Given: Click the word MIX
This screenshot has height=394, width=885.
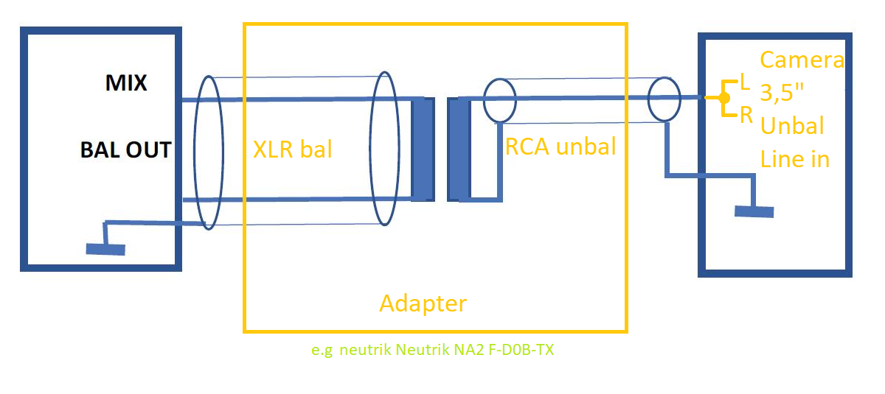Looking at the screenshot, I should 126,83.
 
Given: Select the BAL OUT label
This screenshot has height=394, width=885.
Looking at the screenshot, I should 125,150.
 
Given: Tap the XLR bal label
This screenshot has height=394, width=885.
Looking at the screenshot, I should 293,149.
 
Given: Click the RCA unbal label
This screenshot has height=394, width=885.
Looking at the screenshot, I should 560,147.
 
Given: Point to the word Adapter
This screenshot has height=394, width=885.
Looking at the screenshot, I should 423,303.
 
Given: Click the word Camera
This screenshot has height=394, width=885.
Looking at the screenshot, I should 802,60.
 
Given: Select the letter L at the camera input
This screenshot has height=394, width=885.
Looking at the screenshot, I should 745,84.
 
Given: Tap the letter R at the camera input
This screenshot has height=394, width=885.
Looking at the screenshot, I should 746,114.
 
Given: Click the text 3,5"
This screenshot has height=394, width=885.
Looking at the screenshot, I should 785,93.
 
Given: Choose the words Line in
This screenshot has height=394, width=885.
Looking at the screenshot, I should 795,158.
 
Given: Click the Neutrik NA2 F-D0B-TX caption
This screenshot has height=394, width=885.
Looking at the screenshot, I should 432,350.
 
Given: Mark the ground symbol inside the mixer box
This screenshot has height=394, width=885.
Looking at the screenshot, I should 105,249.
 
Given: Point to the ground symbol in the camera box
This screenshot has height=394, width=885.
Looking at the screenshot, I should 754,211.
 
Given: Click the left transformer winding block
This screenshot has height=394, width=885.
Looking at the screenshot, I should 423,149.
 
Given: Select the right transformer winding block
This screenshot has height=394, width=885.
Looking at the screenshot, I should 458,149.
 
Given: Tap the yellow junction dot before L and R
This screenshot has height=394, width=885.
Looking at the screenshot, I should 712,97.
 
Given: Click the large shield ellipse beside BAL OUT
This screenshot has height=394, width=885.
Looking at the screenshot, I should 208,152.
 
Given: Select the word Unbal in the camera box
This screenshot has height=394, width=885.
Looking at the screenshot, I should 792,125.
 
